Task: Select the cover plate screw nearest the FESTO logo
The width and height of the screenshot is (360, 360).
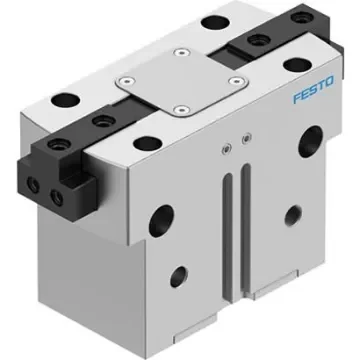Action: pyautogui.click(x=234, y=79)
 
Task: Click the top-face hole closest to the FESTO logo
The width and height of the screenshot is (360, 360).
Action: pyautogui.click(x=292, y=66)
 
